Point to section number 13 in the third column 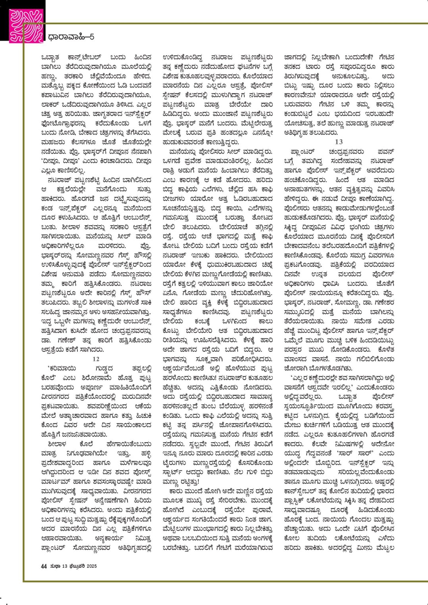[x=339, y=142]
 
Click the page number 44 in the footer [x=44, y=566]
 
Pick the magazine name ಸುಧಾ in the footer [x=55, y=566]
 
